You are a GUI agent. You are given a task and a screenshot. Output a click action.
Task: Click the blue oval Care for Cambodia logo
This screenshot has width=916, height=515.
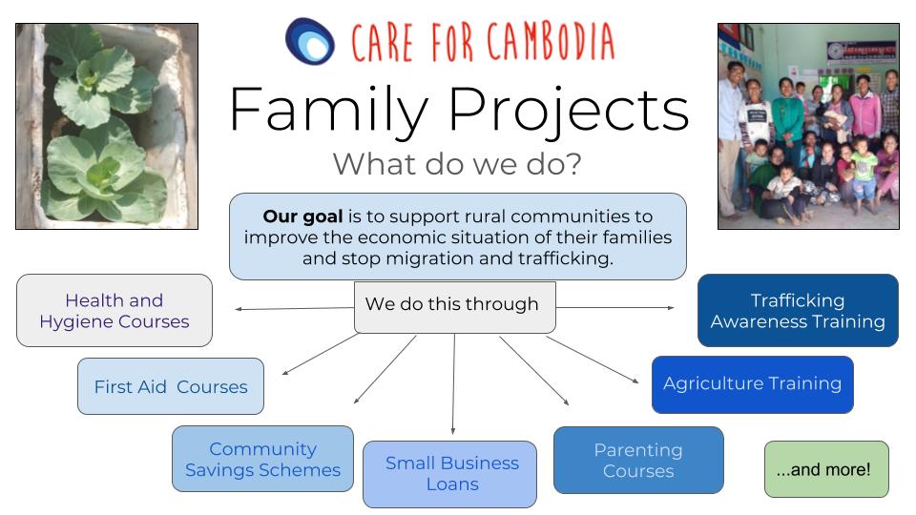(309, 41)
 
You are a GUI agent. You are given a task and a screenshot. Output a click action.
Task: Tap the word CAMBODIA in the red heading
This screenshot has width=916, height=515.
(551, 41)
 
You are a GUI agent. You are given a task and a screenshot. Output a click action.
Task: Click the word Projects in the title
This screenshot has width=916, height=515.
(569, 110)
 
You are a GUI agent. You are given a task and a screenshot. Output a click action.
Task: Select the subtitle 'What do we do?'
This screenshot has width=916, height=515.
(457, 164)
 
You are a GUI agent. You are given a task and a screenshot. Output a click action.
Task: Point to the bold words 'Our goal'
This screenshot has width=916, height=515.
(302, 216)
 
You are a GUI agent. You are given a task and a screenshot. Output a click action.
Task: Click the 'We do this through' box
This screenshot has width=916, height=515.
(454, 307)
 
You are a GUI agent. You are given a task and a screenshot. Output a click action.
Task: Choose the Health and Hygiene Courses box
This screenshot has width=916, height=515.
(114, 311)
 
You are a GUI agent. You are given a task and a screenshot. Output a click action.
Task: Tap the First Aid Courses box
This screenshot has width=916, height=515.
(171, 386)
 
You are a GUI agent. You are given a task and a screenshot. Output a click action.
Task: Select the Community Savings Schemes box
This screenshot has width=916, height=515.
(263, 459)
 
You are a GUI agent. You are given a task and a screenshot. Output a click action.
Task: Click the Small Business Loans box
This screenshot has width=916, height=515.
(449, 474)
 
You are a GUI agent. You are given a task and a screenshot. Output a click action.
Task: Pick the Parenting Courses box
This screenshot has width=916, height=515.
(638, 460)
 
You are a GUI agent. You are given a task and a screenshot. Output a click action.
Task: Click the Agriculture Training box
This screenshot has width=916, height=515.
(753, 384)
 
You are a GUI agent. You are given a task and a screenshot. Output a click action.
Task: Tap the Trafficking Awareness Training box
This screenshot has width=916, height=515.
(798, 311)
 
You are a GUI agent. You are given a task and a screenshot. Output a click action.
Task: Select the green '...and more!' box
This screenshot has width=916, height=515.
(826, 469)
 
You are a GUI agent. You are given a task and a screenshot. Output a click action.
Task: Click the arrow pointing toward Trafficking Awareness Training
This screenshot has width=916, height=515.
(615, 308)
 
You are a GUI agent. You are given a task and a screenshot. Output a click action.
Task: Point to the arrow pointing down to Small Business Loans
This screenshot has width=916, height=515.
(454, 383)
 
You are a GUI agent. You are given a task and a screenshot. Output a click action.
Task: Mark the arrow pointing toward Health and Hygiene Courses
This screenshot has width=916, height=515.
(295, 308)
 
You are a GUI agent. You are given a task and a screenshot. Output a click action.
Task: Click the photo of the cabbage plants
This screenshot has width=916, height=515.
(107, 126)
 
